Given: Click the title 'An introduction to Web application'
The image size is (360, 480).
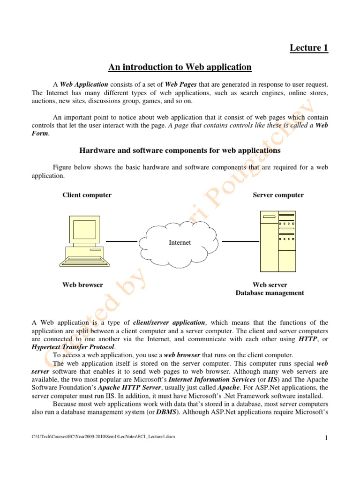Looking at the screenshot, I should [180, 67].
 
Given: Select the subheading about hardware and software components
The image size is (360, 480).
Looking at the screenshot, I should [180, 150].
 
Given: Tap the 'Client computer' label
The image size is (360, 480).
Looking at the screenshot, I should [87, 195].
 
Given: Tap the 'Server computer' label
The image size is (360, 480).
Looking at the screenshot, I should [278, 195].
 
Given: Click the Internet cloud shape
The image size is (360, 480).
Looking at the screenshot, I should [180, 242].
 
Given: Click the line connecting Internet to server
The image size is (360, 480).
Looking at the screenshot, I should [240, 241].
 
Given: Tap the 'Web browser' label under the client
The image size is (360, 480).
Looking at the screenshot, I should [83, 285].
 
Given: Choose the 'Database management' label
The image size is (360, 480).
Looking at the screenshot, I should [270, 293].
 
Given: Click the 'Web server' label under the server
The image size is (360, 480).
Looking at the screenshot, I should [270, 285].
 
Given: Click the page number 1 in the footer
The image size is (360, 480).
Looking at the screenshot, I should [325, 438].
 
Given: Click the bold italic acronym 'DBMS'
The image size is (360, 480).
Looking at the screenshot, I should [165, 412].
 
